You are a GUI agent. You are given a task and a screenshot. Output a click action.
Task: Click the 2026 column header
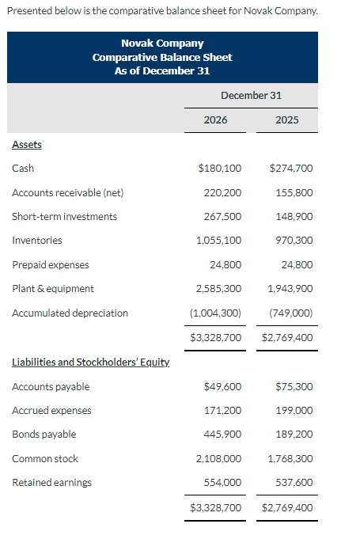coord(215,120)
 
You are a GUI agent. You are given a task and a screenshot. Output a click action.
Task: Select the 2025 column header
coord(287,120)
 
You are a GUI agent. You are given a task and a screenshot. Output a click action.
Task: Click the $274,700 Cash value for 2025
coord(290,168)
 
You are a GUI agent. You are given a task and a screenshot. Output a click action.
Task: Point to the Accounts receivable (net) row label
coord(67,192)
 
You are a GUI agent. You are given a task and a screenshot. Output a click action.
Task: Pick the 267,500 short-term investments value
coord(222,216)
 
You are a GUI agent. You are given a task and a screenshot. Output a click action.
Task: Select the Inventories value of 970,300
coord(294,240)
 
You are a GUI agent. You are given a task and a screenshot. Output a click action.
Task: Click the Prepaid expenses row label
coord(50,264)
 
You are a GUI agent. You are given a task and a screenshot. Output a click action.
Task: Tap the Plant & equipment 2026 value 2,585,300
coord(218,288)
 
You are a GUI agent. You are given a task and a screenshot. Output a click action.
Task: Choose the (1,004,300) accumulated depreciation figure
coord(216,313)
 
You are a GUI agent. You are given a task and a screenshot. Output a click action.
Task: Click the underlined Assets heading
coord(27,144)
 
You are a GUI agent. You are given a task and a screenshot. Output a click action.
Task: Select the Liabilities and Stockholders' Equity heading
coord(90,362)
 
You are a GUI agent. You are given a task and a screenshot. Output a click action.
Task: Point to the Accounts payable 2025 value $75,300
coord(294,386)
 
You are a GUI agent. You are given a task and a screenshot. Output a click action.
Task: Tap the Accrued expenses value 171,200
coord(222,410)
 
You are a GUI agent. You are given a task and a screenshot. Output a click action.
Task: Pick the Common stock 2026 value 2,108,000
coord(218,458)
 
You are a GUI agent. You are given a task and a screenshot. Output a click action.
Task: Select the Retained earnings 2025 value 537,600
coord(294,482)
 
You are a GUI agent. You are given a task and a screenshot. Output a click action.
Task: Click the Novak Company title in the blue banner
coord(162,44)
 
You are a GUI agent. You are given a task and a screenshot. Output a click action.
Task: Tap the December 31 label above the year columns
coord(251,95)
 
